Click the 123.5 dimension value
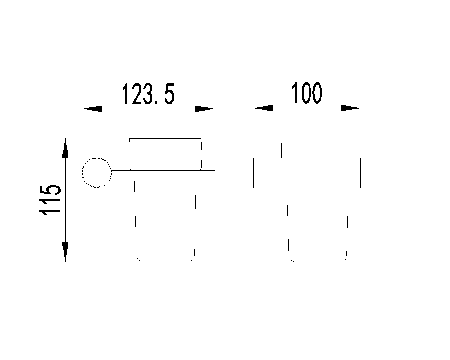pos(148,94)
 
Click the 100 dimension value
pos(307,93)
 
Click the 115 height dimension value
pos(50,200)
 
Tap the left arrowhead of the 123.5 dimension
pos(92,109)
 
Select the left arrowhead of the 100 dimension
pos(263,108)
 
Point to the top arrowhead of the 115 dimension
pos(65,148)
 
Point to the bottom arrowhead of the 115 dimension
pos(65,252)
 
